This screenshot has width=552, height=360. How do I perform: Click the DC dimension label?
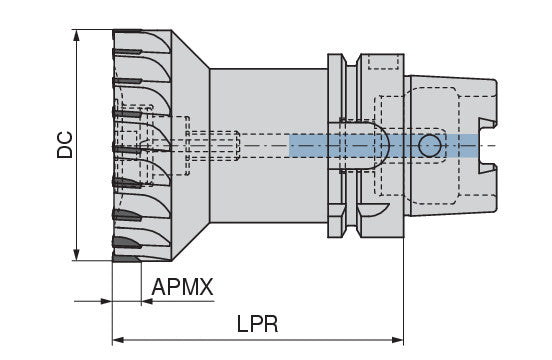(x=63, y=146)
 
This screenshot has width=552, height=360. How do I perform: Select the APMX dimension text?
(x=183, y=288)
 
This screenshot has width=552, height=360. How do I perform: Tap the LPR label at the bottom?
(x=257, y=326)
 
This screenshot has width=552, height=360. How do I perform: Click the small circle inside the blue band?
(x=429, y=146)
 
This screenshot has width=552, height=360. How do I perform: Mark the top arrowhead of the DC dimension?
(x=78, y=35)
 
